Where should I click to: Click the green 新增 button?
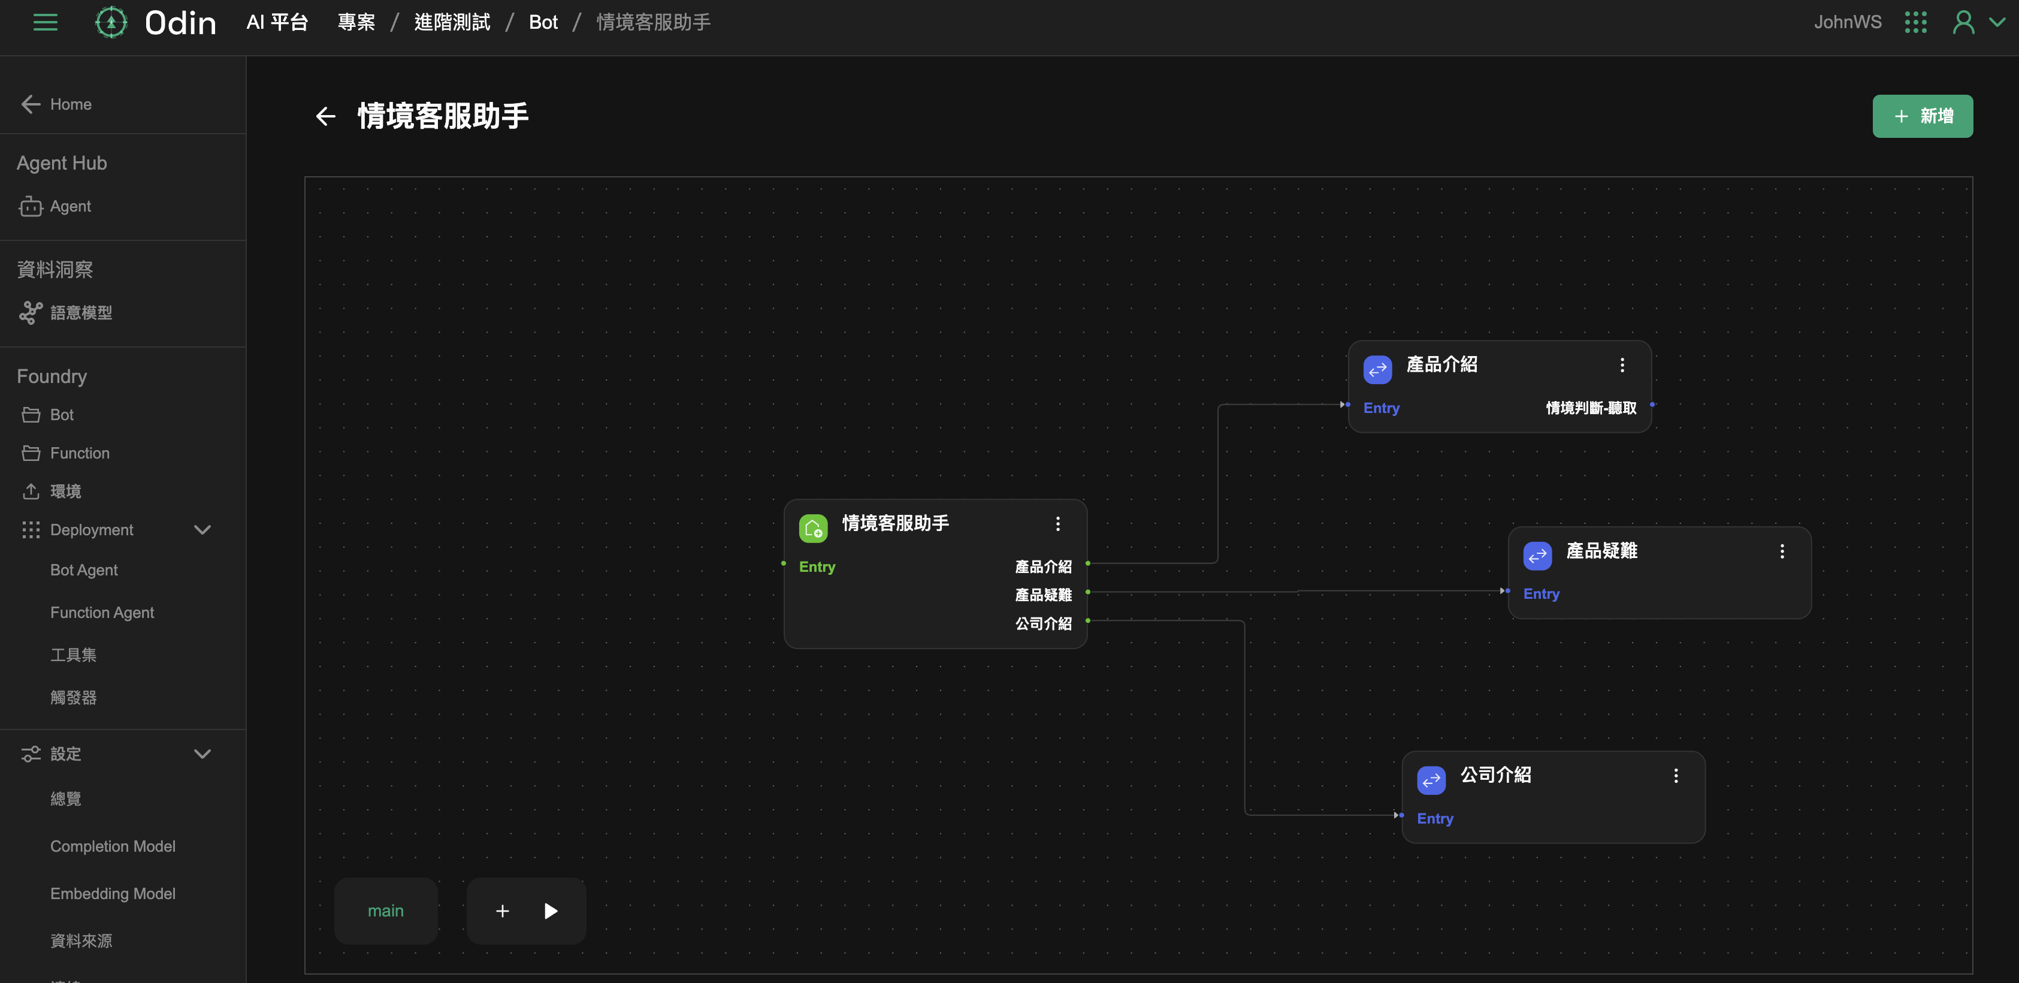1922,116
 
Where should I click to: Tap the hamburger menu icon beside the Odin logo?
46,23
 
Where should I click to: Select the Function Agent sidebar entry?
102,612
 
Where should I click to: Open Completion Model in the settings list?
112,846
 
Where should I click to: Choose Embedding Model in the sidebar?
112,893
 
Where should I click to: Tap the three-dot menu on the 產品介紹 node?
1622,364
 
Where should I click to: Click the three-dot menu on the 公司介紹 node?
1676,775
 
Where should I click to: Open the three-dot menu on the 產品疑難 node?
1782,551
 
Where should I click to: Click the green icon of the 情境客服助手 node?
813,527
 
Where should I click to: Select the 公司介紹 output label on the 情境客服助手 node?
1042,623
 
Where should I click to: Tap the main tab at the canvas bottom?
386,910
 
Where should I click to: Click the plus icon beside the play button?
503,910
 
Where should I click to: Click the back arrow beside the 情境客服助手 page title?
325,117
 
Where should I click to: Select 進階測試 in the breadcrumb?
452,23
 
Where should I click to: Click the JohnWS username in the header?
1846,22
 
